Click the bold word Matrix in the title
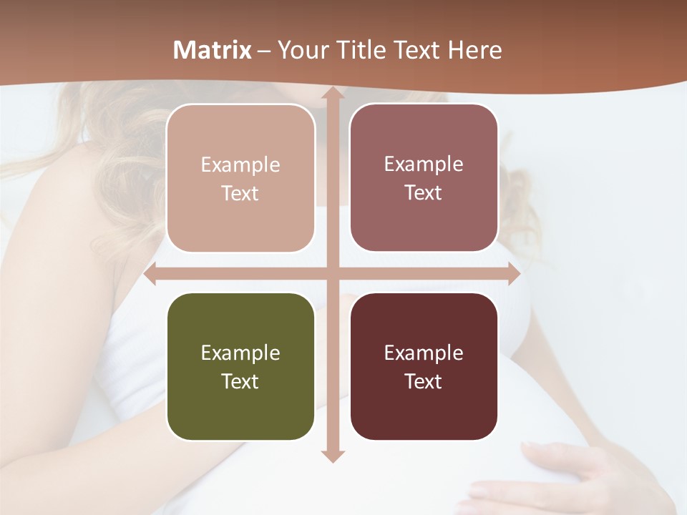(x=213, y=50)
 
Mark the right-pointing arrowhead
(x=513, y=274)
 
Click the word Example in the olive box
(x=240, y=353)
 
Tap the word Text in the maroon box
(x=424, y=381)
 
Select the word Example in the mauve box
(x=424, y=164)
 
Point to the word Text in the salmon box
(x=240, y=193)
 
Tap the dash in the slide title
(x=264, y=51)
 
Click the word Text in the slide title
(x=419, y=50)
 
